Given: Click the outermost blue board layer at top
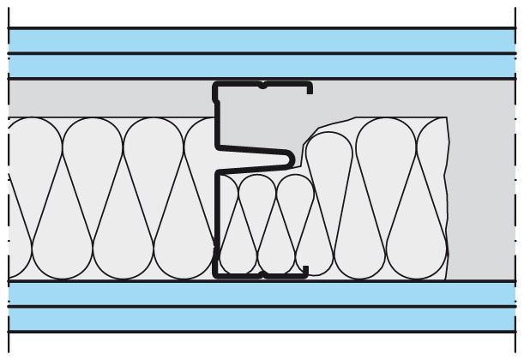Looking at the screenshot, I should point(257,40).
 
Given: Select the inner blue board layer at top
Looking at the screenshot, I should point(257,66).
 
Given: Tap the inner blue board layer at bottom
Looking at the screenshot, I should point(257,293).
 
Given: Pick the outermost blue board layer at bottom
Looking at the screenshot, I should point(257,320).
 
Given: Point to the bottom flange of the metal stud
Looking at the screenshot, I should point(257,277).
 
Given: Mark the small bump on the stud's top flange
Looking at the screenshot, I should point(262,84).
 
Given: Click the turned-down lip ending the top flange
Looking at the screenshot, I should point(309,88).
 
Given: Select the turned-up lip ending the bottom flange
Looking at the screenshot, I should point(306,270).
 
